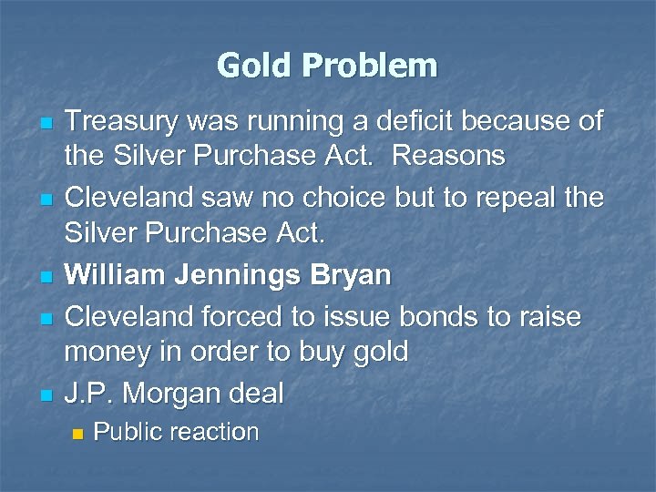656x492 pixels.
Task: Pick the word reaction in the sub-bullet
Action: tap(217, 433)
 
